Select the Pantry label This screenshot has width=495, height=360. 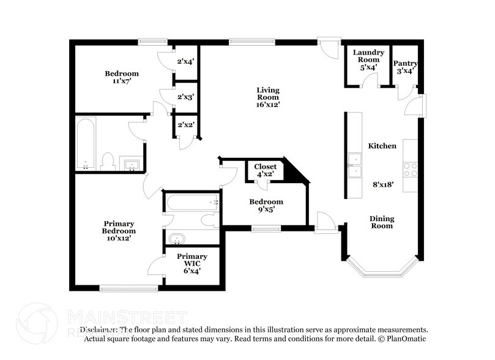point(405,63)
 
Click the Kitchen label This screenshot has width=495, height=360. point(382,146)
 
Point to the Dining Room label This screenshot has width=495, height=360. point(381,222)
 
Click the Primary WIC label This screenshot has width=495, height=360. point(192,260)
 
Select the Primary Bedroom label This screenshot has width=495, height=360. point(119,227)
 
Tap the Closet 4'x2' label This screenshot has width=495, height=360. point(265,170)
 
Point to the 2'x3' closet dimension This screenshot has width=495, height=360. point(185,97)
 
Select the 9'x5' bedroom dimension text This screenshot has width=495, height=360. point(266,209)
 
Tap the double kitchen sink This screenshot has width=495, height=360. point(354,166)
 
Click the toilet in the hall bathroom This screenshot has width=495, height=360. point(108,161)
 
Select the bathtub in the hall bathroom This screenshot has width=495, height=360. point(84,144)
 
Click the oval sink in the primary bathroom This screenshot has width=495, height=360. point(178,238)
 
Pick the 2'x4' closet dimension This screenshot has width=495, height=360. point(185,61)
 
